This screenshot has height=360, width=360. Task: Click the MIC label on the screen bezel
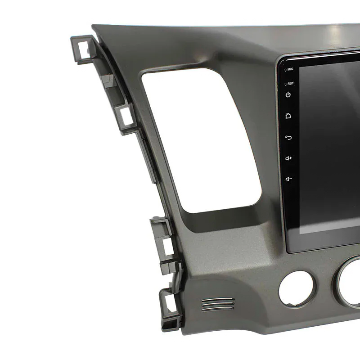[290, 69]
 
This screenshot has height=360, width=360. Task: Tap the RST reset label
[290, 83]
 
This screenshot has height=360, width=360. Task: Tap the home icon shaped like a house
[288, 116]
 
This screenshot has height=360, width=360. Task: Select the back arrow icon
[288, 137]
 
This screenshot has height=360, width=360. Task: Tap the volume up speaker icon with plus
[288, 158]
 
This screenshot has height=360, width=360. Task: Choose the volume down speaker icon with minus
[288, 179]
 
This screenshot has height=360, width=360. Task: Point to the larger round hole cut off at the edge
[349, 283]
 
